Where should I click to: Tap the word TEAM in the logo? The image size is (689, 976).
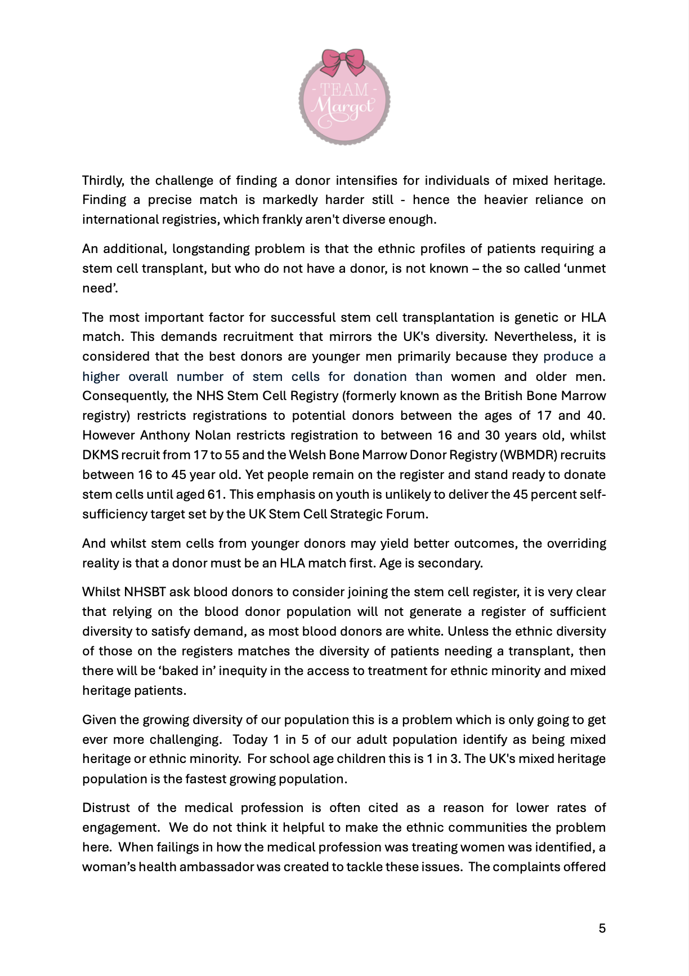344,90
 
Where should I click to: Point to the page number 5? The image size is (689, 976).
602,928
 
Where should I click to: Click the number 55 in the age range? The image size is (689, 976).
232,455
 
